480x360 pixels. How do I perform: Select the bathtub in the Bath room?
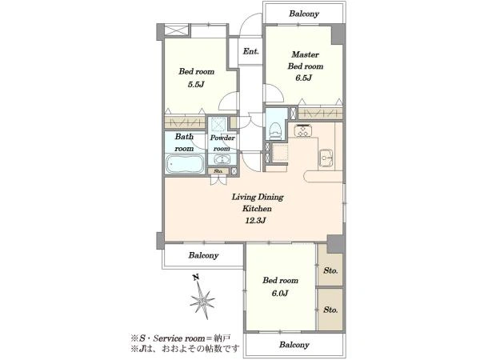tap(185, 163)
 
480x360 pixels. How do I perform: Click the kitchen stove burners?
tap(303, 130)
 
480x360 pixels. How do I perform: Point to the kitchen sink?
tap(326, 158)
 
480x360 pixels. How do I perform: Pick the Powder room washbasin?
tap(222, 159)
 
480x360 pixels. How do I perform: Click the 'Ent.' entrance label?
tap(250, 51)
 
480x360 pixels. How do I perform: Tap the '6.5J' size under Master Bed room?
tap(304, 78)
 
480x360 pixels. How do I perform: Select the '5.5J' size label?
tap(196, 84)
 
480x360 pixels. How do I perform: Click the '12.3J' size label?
tap(255, 220)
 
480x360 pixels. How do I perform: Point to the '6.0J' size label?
tap(280, 293)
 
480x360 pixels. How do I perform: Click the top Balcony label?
tap(304, 14)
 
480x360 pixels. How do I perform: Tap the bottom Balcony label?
tap(294, 345)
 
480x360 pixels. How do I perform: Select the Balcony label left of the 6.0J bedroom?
tap(203, 255)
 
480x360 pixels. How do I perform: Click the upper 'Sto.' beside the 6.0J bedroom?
tap(330, 270)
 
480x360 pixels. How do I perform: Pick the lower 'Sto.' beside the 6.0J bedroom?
tap(330, 310)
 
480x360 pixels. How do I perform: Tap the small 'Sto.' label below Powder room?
tap(218, 171)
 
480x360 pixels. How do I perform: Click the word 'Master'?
tap(306, 54)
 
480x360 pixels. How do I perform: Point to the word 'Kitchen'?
tap(257, 209)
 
